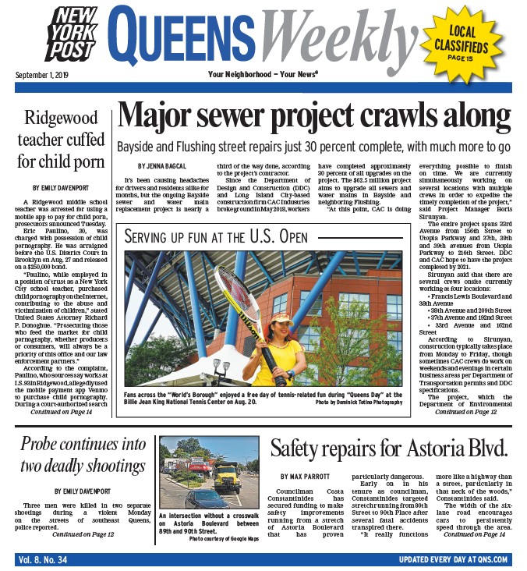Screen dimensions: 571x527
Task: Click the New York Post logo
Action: (x=73, y=36)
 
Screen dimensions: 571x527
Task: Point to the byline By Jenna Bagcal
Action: (x=163, y=166)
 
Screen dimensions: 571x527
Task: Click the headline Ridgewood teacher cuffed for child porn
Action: (x=62, y=140)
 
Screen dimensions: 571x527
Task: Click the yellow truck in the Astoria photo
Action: (x=226, y=475)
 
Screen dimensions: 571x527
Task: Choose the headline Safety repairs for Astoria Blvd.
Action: (x=388, y=449)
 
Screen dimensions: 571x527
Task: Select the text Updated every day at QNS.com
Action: (x=453, y=559)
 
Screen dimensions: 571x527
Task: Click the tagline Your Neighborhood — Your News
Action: (x=263, y=75)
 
